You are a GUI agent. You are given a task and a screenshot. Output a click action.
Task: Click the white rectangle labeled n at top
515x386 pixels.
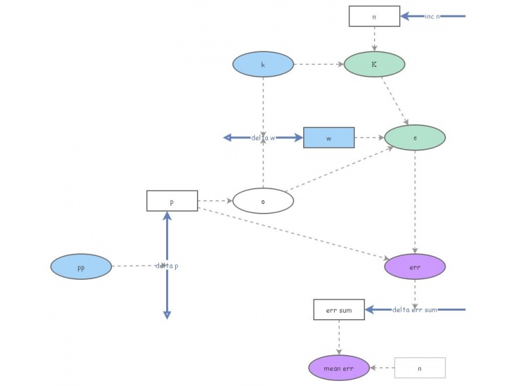[374, 16]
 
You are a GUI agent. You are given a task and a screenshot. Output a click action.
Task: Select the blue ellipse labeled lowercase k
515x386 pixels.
[263, 64]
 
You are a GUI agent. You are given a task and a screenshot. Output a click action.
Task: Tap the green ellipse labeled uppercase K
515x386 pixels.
[374, 64]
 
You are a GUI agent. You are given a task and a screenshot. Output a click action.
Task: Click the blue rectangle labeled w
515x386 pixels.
[329, 138]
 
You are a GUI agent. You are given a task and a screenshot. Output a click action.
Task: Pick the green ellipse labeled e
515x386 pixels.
[415, 138]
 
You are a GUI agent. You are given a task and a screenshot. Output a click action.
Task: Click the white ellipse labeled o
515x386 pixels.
[263, 201]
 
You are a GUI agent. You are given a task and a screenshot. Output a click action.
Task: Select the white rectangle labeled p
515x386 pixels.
[172, 201]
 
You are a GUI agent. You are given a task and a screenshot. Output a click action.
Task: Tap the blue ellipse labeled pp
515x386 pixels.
[81, 266]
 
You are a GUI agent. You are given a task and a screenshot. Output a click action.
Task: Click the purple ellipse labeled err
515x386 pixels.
[415, 266]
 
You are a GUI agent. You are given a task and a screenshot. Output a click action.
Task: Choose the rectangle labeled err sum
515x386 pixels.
[339, 309]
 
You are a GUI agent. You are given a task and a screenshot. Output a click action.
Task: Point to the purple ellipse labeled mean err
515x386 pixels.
[339, 368]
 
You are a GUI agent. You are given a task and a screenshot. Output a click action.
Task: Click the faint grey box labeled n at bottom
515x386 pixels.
[420, 368]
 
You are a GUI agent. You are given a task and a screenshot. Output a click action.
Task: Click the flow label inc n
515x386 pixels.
[432, 16]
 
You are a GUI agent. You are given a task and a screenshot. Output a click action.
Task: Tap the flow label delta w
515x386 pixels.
[263, 138]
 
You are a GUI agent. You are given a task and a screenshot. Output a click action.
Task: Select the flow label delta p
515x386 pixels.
[167, 266]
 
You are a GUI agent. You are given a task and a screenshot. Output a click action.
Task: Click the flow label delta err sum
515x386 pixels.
[415, 309]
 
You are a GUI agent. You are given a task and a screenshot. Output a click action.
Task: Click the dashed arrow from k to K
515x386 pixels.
[319, 64]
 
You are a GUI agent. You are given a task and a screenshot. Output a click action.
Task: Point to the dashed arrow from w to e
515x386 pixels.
[370, 138]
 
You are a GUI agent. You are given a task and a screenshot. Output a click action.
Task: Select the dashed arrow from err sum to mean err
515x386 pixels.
[339, 337]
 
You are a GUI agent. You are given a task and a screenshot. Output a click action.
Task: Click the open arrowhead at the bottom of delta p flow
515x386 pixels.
[167, 316]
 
